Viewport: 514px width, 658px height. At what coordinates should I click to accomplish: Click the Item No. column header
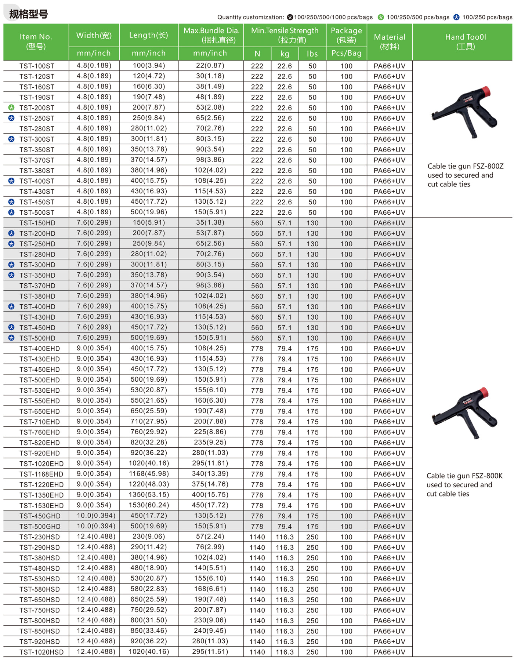coord(36,41)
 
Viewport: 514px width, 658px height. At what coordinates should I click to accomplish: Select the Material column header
coord(390,41)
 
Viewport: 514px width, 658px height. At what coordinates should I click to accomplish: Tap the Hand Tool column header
coord(465,41)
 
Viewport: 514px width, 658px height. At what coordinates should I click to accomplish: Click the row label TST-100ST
coord(37,66)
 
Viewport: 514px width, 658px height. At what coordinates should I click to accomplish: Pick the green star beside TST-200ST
coord(11,108)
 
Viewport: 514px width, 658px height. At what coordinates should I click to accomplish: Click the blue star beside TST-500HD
coord(11,338)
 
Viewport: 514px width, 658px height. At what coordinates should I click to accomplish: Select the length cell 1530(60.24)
coord(149,505)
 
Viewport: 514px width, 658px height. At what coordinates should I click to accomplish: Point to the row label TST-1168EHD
coord(41,474)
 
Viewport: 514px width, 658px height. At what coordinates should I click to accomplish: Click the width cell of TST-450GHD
coord(96,516)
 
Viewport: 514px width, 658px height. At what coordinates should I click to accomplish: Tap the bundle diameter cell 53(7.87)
coord(210,233)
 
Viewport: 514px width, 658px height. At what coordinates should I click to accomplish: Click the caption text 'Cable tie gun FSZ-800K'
coord(464,476)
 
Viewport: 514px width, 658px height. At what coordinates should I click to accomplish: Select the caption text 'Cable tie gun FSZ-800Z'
coord(465,166)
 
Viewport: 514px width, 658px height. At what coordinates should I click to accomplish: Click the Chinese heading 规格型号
coord(28,14)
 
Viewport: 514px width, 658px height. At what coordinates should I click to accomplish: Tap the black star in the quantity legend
coord(290,17)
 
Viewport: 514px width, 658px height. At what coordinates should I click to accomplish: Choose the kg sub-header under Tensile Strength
coord(285,54)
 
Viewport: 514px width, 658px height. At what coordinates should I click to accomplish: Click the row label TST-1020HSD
coord(41,652)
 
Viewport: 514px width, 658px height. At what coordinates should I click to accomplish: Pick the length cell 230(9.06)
coord(149,537)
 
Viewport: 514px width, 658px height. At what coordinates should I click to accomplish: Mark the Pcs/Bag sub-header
coord(346,53)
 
